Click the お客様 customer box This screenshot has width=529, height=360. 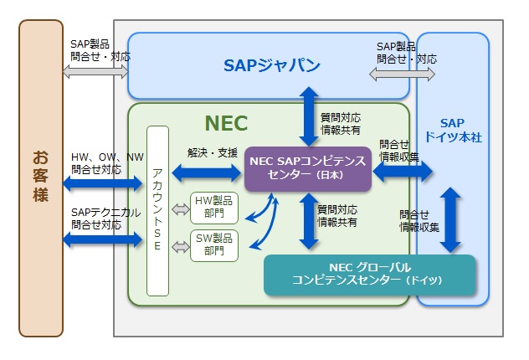41,177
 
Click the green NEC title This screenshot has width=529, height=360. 226,123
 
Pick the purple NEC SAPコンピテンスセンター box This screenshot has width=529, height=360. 307,168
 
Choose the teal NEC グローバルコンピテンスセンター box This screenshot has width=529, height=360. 369,275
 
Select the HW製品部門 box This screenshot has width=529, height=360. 215,207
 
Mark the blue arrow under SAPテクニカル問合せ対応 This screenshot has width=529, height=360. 102,239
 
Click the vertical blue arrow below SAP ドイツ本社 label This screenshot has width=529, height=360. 452,219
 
